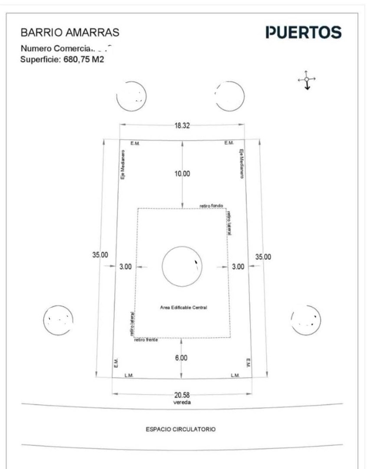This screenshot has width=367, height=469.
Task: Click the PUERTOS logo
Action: coord(303,33)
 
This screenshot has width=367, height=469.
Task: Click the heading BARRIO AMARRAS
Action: coord(70,33)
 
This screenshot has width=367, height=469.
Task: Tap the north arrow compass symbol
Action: coord(307,79)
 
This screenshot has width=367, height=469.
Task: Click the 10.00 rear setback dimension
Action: coord(182,174)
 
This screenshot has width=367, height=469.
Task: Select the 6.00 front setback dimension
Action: coord(181,358)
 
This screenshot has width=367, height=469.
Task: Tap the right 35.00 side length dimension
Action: coord(263,257)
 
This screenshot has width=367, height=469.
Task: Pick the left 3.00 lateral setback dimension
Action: coord(125,267)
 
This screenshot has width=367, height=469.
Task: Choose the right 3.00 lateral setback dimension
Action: coord(238,267)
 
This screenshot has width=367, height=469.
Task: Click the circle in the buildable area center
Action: coord(182,266)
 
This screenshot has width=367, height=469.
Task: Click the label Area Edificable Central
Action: coord(183,307)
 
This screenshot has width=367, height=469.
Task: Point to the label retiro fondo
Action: coord(211,205)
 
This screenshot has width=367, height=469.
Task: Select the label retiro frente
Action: coord(146,340)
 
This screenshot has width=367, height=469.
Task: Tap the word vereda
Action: coord(182,403)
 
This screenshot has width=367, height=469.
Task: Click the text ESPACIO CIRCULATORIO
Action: coord(180,429)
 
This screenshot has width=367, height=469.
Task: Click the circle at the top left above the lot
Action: coord(131,96)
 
